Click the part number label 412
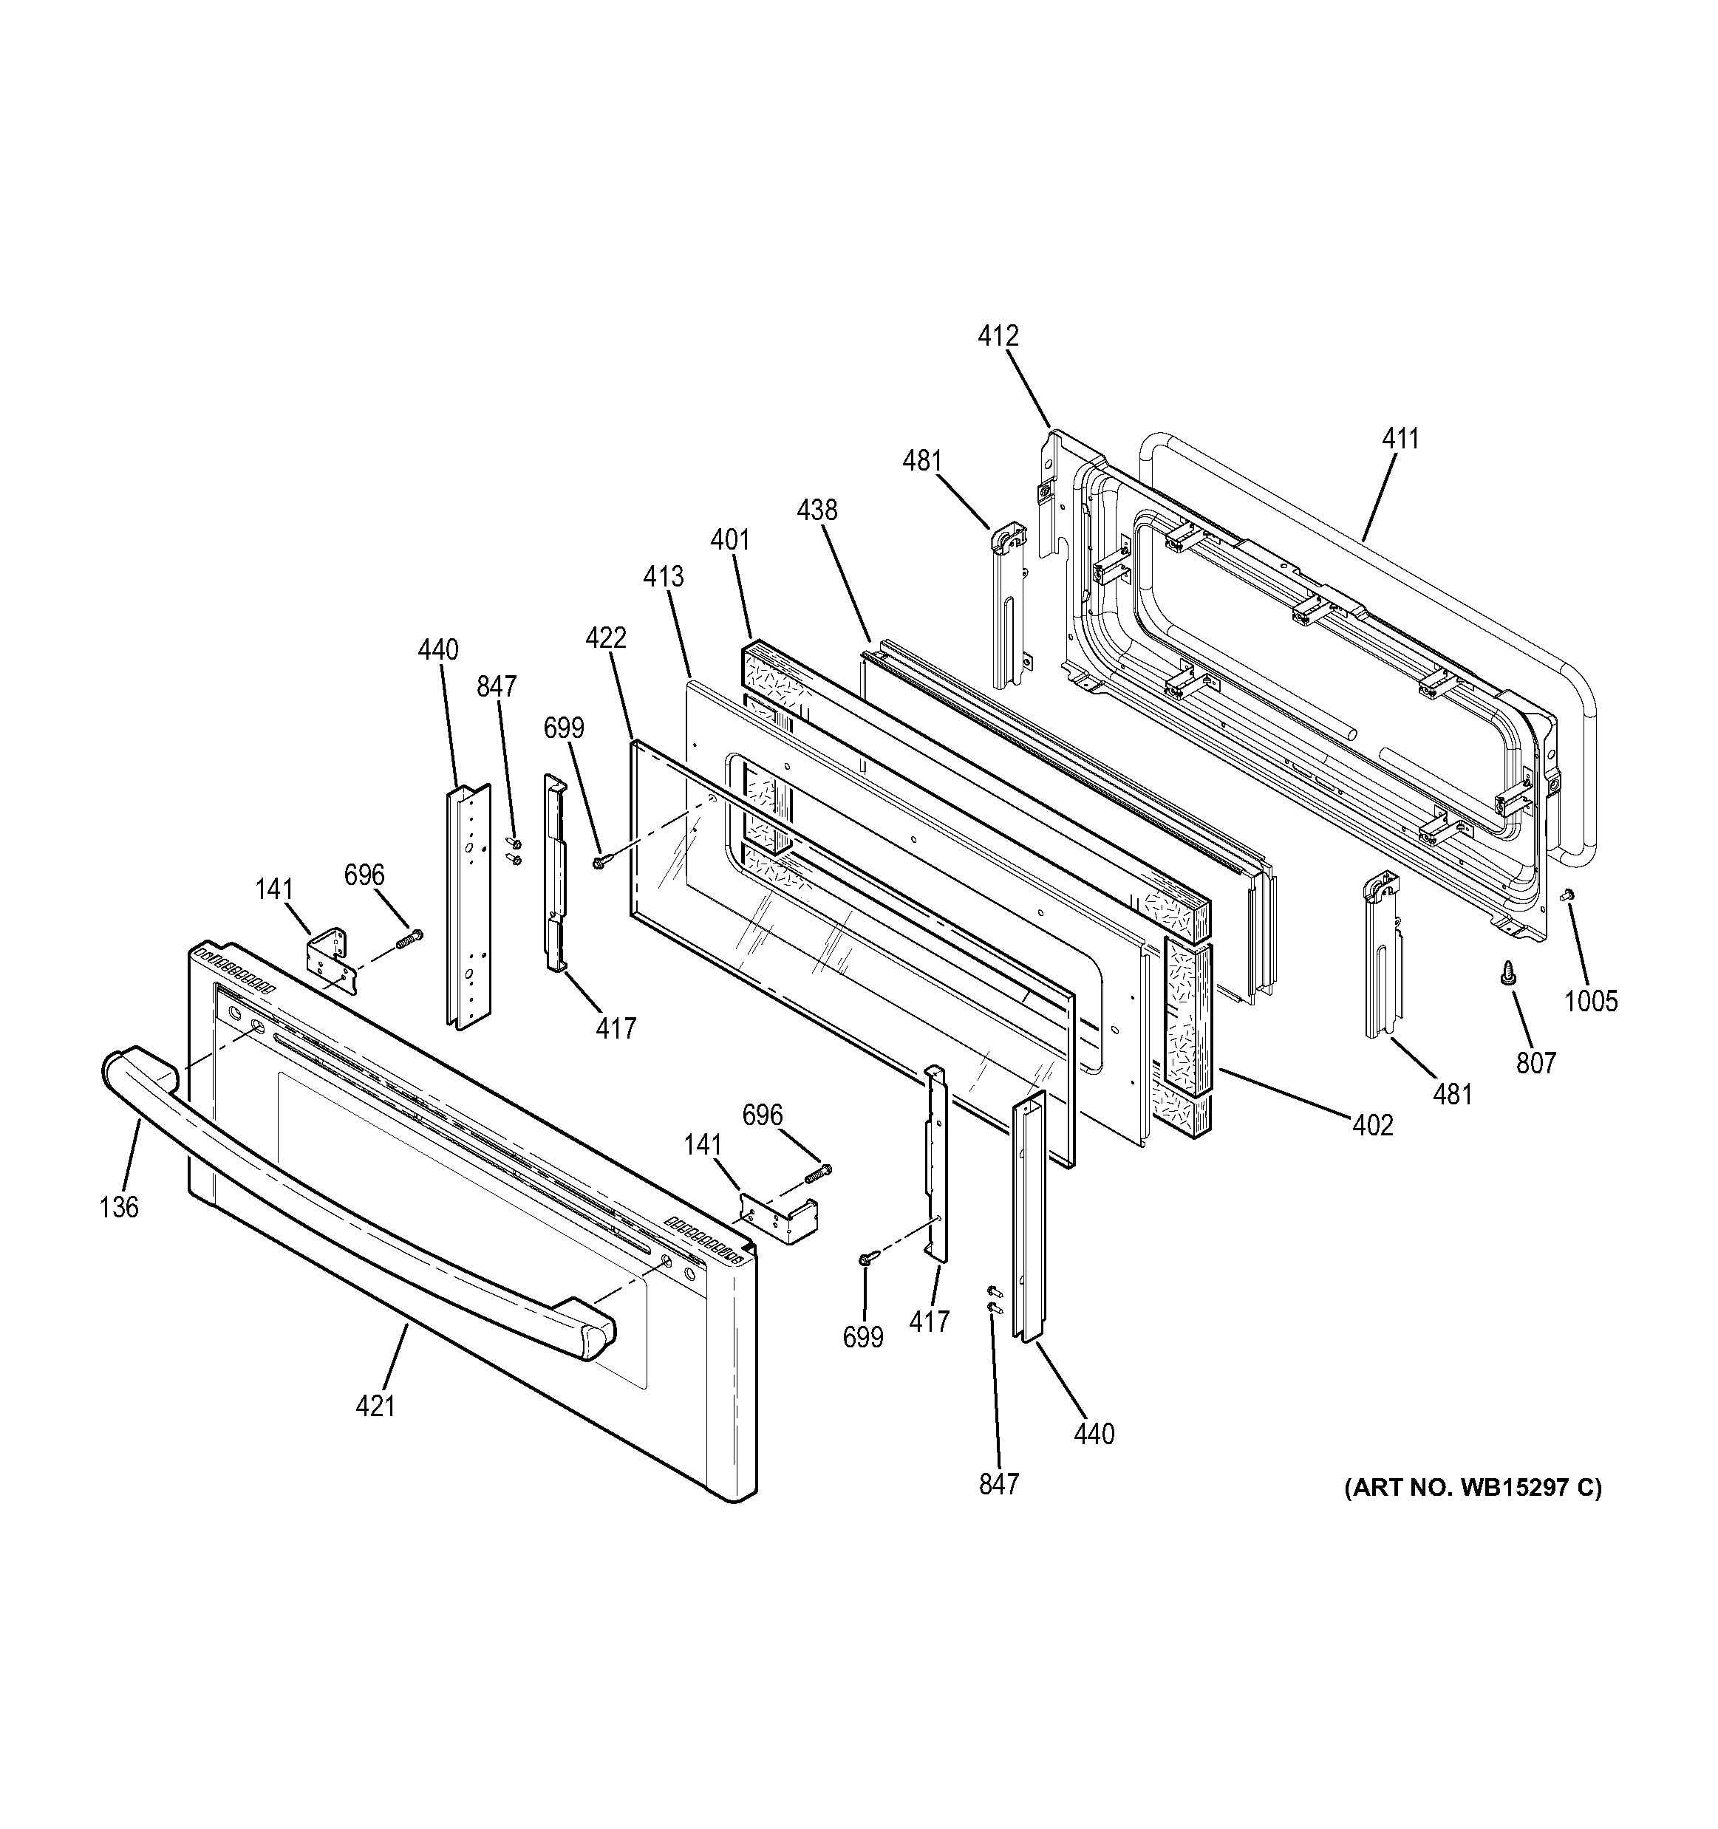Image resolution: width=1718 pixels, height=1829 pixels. [998, 337]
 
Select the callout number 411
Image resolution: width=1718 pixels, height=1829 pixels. [1400, 439]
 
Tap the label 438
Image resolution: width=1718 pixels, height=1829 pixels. [817, 510]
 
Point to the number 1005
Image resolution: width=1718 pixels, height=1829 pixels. [1591, 1001]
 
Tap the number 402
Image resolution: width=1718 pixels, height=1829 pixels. [1372, 1124]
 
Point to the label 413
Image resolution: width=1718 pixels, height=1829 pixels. [664, 577]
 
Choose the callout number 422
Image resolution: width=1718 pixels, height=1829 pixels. [605, 637]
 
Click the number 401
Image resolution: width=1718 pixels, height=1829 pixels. [730, 540]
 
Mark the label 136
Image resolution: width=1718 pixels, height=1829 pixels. [119, 1207]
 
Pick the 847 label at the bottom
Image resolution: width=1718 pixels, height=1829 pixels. [998, 1484]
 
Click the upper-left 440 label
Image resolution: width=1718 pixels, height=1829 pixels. [437, 649]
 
